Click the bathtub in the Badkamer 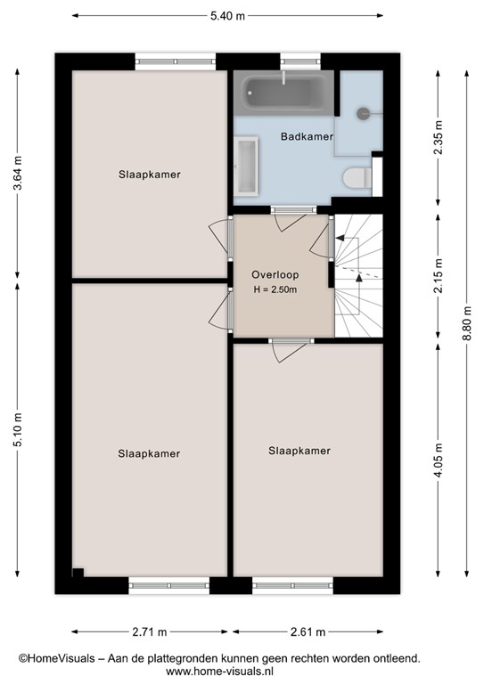283,94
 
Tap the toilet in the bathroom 357,178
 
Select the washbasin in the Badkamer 246,166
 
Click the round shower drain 363,113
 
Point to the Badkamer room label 307,136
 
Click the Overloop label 275,275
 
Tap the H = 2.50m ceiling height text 275,289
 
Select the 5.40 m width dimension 227,16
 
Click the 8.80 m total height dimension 467,322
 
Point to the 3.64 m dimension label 18,173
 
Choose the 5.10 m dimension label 18,429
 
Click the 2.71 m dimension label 150,631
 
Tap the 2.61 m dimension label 308,631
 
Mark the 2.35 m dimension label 439,137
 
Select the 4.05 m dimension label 439,460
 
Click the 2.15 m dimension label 439,276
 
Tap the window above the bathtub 300,61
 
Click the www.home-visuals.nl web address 219,671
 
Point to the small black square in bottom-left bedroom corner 78,573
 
